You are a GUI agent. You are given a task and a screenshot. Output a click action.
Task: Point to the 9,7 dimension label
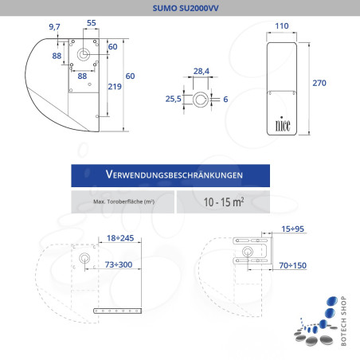[55, 27]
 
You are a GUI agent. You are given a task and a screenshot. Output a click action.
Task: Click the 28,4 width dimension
[202, 72]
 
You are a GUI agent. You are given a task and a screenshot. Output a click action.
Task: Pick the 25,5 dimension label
[172, 100]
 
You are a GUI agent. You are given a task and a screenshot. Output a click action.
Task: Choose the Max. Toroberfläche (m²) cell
[123, 202]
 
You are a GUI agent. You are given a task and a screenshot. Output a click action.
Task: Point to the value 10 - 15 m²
[223, 202]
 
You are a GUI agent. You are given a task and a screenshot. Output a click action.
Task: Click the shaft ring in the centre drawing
[202, 100]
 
